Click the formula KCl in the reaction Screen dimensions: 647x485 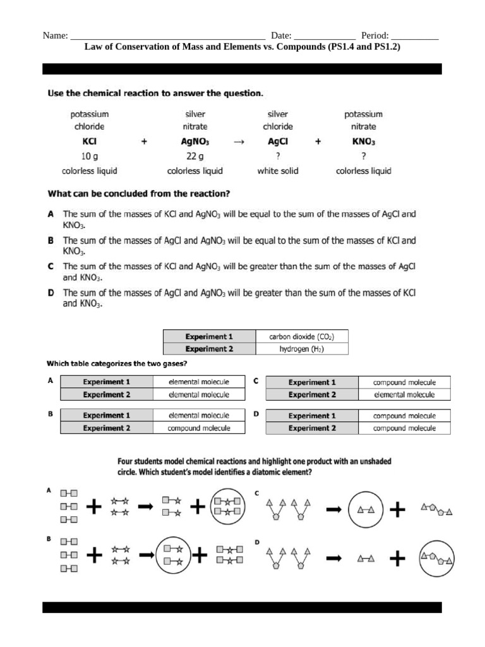(x=89, y=142)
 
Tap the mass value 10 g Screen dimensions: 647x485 (x=89, y=156)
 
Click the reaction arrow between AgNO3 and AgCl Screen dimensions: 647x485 (x=239, y=142)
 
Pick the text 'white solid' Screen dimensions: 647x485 (x=278, y=171)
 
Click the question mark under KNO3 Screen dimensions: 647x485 (x=363, y=156)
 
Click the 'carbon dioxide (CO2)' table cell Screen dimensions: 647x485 (x=301, y=337)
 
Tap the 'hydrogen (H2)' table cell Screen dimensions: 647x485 (x=301, y=349)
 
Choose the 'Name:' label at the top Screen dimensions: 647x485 (x=55, y=36)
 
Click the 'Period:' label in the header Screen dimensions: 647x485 (x=374, y=36)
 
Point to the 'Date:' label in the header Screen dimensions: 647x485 (x=281, y=36)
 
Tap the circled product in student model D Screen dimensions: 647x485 (x=436, y=559)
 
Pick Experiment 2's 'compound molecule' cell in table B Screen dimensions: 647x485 (x=199, y=428)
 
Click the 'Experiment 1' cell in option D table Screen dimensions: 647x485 (x=312, y=416)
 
